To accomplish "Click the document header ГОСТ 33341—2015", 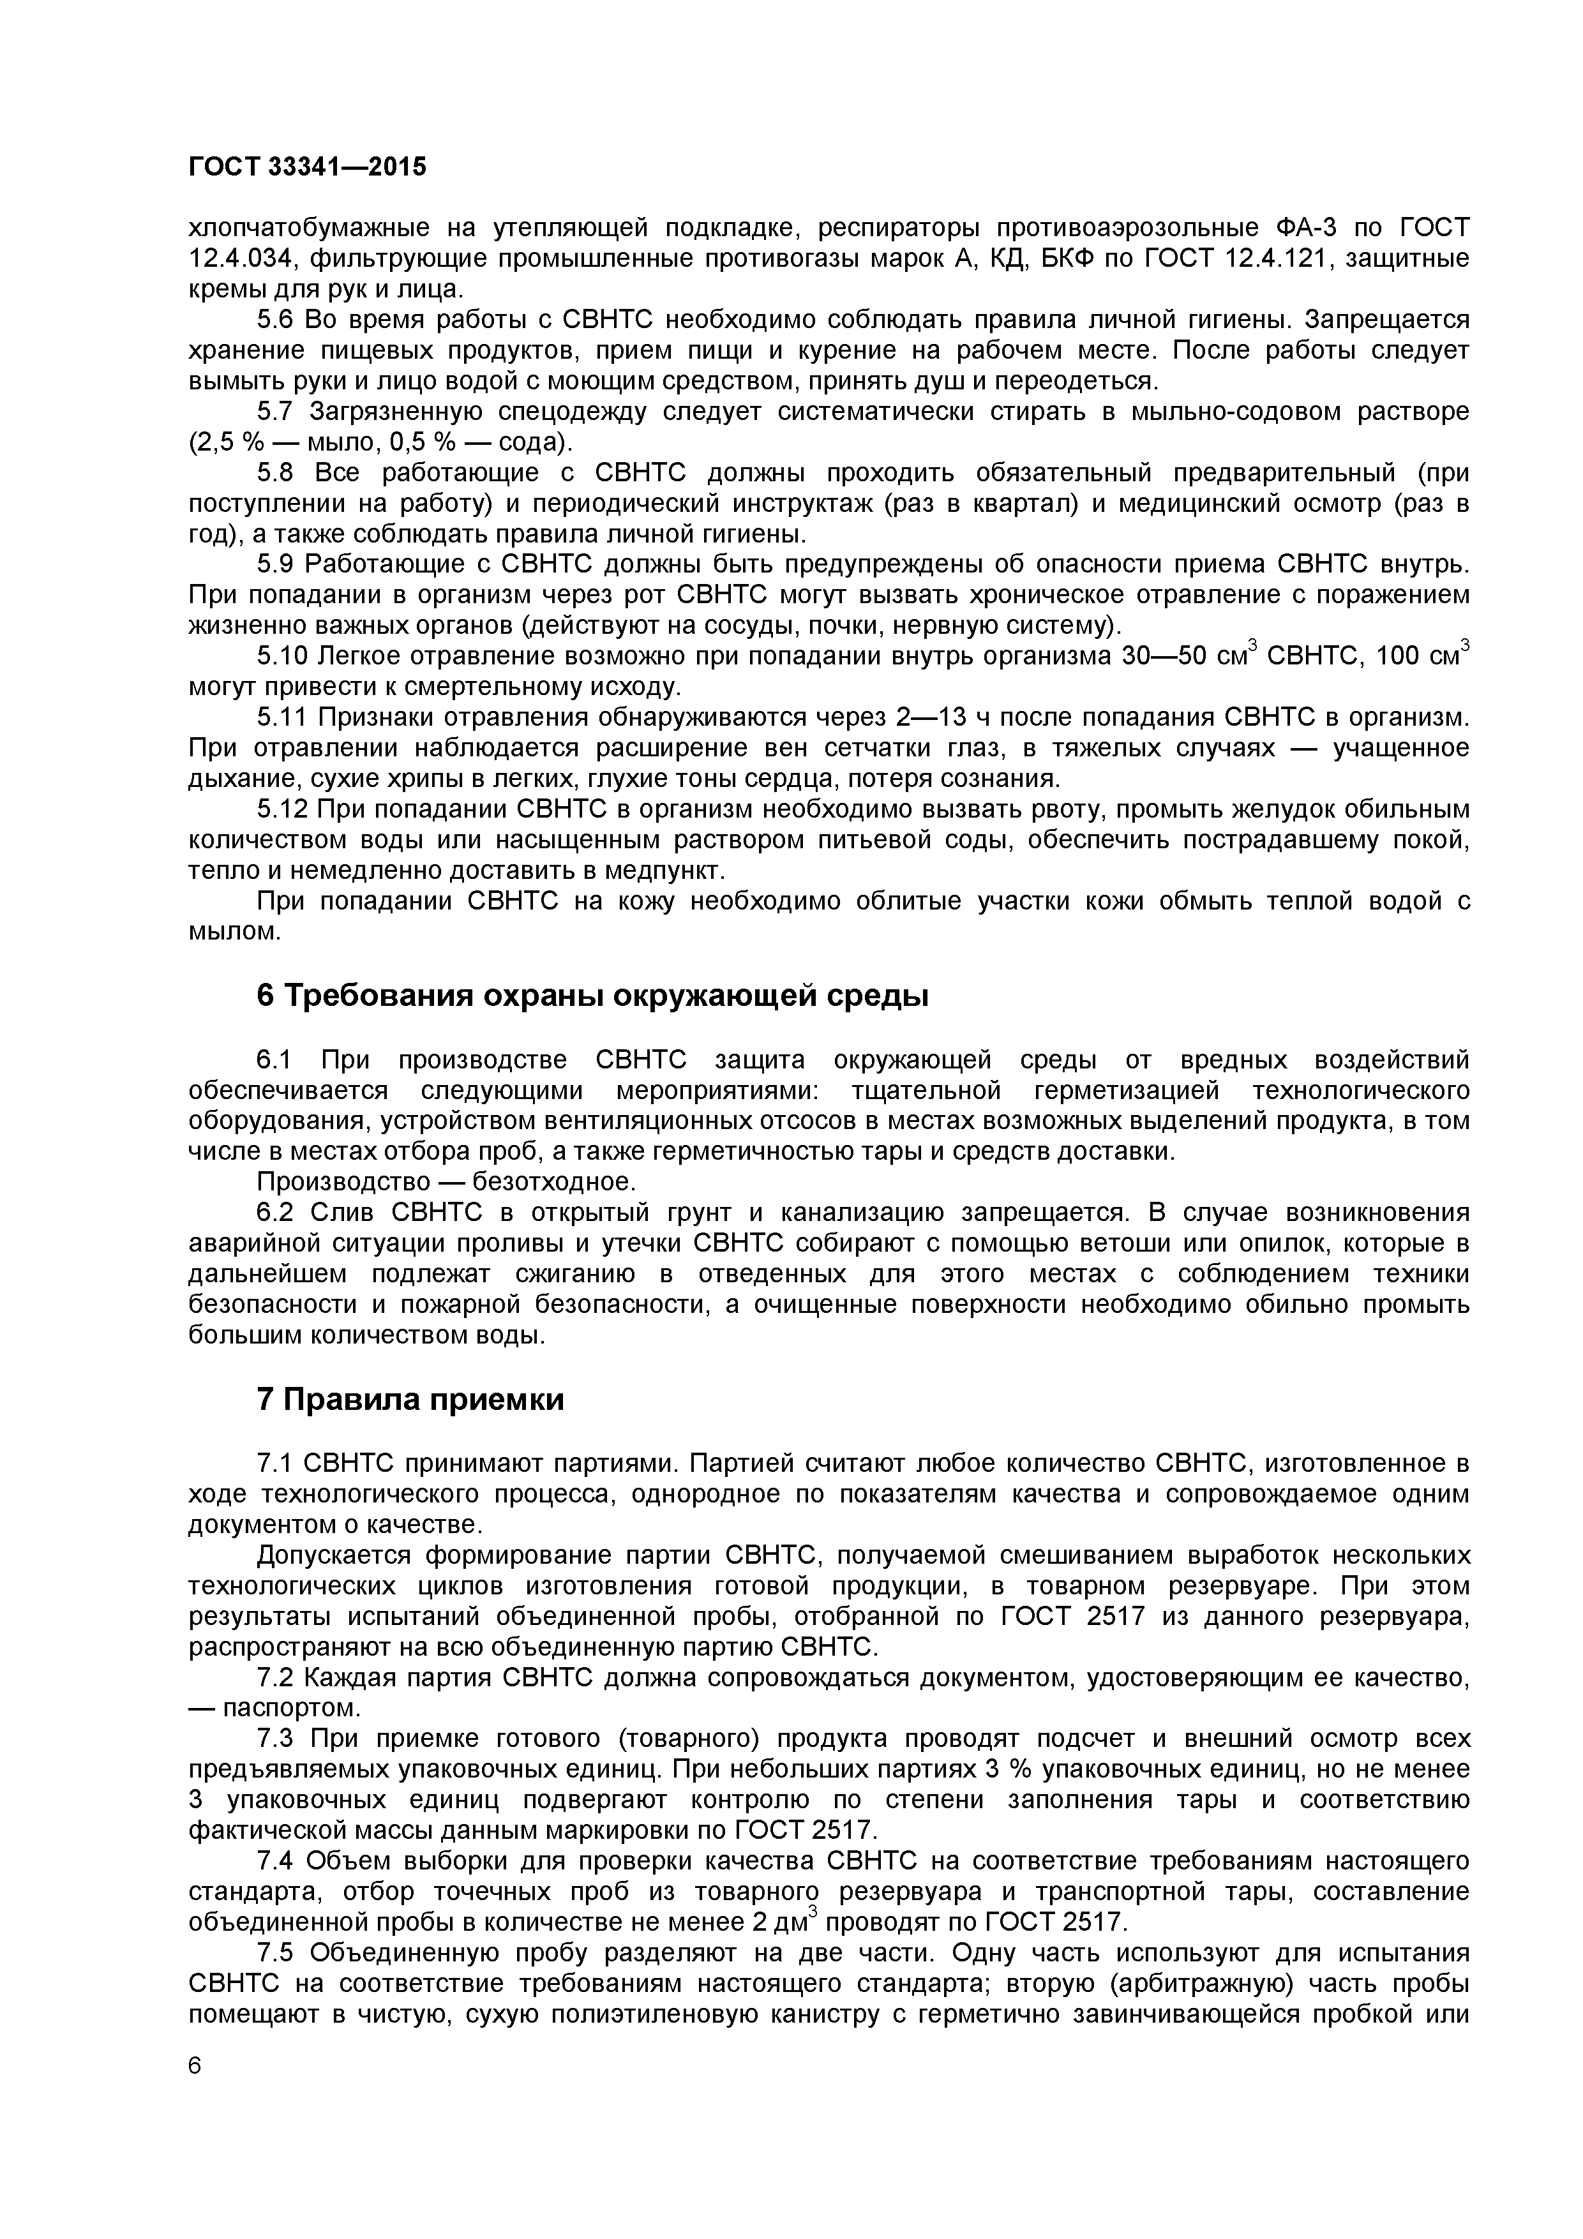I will click(307, 168).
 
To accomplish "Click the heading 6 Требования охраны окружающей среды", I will click(592, 996).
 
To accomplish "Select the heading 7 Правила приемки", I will click(410, 1399).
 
